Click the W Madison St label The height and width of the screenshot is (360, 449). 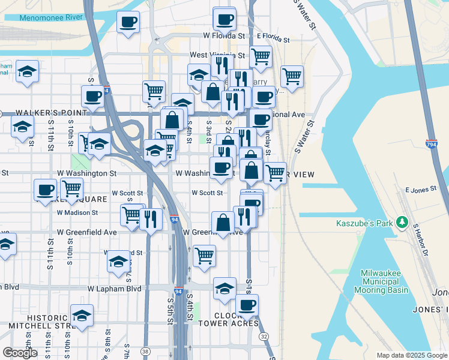pyautogui.click(x=77, y=212)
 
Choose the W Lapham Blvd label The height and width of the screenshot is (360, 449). pyautogui.click(x=114, y=289)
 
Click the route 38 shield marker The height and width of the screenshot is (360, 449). pyautogui.click(x=145, y=350)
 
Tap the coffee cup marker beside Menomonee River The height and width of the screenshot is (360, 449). pyautogui.click(x=128, y=23)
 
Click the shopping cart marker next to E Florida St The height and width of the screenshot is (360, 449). pyautogui.click(x=261, y=56)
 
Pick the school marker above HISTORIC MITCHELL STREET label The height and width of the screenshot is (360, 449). pyautogui.click(x=82, y=315)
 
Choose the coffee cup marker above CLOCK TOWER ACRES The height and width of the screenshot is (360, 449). pyautogui.click(x=247, y=305)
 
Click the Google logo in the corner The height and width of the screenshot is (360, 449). pyautogui.click(x=20, y=353)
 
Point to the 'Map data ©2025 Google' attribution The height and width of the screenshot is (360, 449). pyautogui.click(x=411, y=355)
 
